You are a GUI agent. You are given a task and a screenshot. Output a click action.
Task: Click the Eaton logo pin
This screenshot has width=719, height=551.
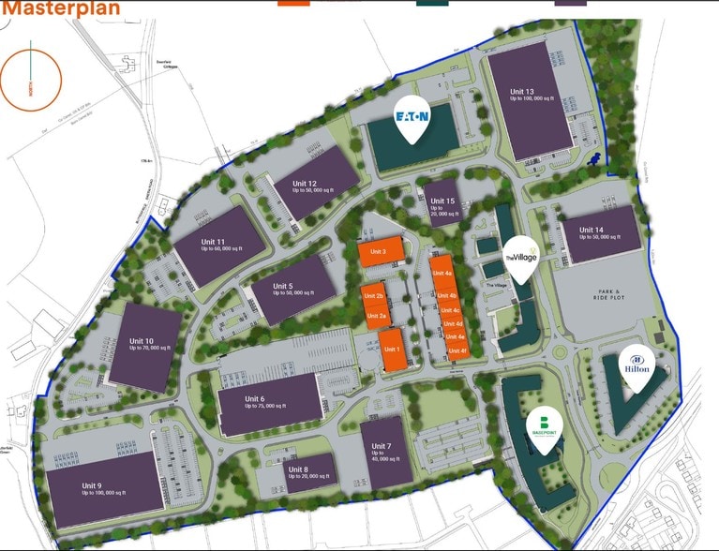(x=412, y=118)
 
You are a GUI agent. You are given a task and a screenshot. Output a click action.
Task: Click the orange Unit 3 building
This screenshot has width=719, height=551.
(x=380, y=251)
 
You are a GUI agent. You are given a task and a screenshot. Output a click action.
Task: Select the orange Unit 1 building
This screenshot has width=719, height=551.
(x=392, y=350)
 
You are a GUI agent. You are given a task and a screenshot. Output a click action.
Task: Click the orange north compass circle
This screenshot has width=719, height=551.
(x=31, y=81)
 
